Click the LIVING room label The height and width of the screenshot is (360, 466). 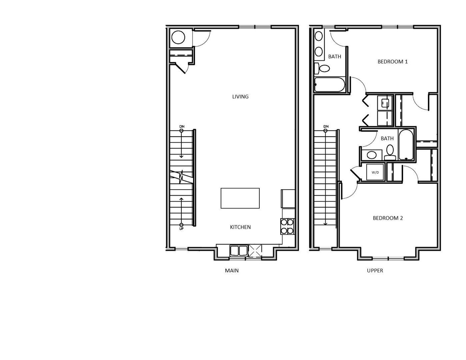pos(240,97)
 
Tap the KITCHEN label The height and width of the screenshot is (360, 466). pos(240,227)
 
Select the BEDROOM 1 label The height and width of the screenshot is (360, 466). pos(392,62)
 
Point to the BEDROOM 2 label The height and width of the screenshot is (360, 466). pos(388,218)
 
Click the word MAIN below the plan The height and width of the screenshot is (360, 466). pos(232,271)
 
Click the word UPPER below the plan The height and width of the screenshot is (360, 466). pos(375,271)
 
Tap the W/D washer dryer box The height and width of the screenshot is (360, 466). pos(375,172)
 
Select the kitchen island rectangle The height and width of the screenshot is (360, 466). pos(240,198)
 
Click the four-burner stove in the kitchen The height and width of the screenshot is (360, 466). pos(287,226)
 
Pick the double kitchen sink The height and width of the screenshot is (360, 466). pos(239,250)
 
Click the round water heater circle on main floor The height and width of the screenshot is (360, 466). pos(178,38)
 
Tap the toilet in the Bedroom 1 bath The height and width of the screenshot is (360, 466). pos(322,68)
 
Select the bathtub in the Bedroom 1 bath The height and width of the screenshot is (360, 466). pos(329,85)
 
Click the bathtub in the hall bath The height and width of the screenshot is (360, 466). pos(406,145)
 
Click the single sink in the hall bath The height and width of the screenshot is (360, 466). pos(371,155)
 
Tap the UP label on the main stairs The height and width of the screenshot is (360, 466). pos(181,229)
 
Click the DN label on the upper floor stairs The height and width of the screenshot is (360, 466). pos(326,127)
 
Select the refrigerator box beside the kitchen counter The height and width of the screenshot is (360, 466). pos(288,199)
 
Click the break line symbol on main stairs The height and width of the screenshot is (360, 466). pos(181,177)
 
